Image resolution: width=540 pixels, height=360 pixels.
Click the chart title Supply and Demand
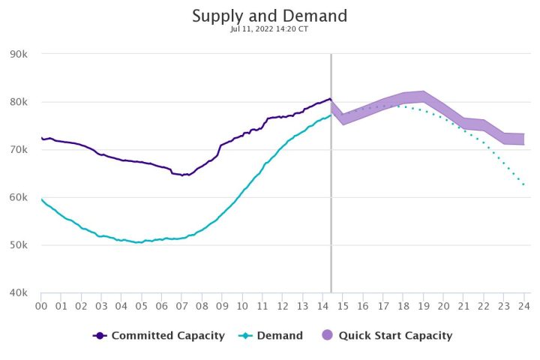pyautogui.click(x=269, y=16)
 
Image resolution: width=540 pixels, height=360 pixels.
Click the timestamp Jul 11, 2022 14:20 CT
pyautogui.click(x=269, y=31)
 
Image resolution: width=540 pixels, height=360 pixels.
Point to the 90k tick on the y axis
pyautogui.click(x=19, y=54)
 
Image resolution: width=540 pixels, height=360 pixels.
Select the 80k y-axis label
pyautogui.click(x=19, y=102)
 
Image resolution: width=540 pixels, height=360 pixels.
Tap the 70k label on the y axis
pyautogui.click(x=19, y=150)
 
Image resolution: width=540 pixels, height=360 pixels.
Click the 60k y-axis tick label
pyautogui.click(x=19, y=198)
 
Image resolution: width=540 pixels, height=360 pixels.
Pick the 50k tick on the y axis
pyautogui.click(x=19, y=245)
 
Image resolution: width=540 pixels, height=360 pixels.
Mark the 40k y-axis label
pyautogui.click(x=19, y=293)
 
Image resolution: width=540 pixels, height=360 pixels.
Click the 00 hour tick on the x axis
pyautogui.click(x=41, y=306)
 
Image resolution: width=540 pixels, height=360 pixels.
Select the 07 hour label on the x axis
pyautogui.click(x=182, y=306)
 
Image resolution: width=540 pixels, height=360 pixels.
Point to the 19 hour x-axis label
pyautogui.click(x=424, y=306)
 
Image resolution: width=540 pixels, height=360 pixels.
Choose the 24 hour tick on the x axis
pyautogui.click(x=524, y=306)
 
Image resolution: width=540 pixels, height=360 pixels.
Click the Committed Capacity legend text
pyautogui.click(x=168, y=336)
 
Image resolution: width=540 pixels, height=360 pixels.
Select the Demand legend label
pyautogui.click(x=280, y=336)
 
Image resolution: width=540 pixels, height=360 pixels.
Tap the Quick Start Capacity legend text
pyautogui.click(x=395, y=336)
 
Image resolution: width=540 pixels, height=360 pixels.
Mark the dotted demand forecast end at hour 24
pyautogui.click(x=523, y=184)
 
